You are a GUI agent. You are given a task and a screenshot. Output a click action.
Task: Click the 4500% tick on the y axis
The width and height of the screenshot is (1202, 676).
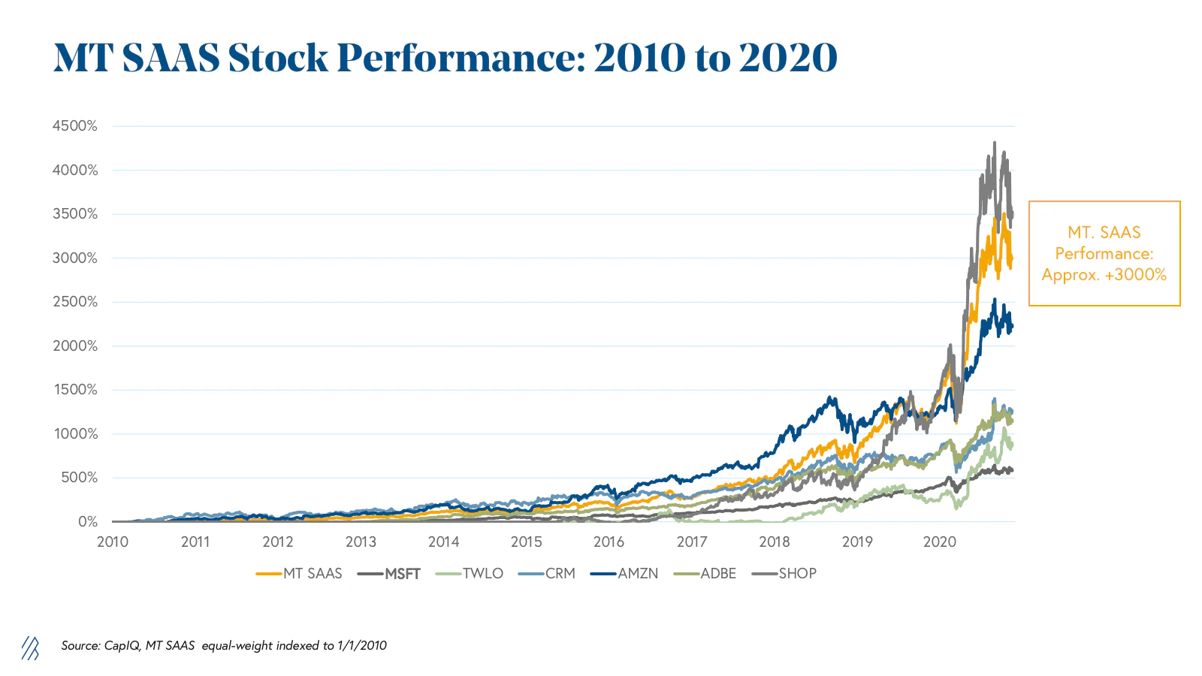tap(74, 126)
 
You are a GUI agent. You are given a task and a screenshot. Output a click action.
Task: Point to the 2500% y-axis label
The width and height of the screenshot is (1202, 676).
tap(74, 302)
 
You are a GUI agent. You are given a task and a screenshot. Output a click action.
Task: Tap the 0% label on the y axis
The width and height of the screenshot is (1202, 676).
tap(87, 522)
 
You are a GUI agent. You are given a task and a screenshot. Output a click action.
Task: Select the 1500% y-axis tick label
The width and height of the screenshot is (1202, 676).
tap(74, 390)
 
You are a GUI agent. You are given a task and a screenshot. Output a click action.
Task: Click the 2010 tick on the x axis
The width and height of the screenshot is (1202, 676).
tap(113, 542)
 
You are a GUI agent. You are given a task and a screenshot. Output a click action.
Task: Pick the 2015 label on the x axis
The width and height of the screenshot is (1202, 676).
tap(526, 542)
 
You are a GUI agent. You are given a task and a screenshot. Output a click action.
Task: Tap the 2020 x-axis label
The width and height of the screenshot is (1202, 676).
tap(939, 542)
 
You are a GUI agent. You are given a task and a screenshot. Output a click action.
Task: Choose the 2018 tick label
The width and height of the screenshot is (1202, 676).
tap(774, 542)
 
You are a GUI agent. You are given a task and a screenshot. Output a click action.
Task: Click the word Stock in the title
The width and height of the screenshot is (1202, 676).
tap(278, 58)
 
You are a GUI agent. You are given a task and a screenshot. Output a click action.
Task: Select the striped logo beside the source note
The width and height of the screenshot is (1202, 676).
tap(30, 647)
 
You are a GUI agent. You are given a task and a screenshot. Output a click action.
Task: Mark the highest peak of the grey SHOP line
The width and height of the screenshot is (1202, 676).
tap(995, 142)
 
